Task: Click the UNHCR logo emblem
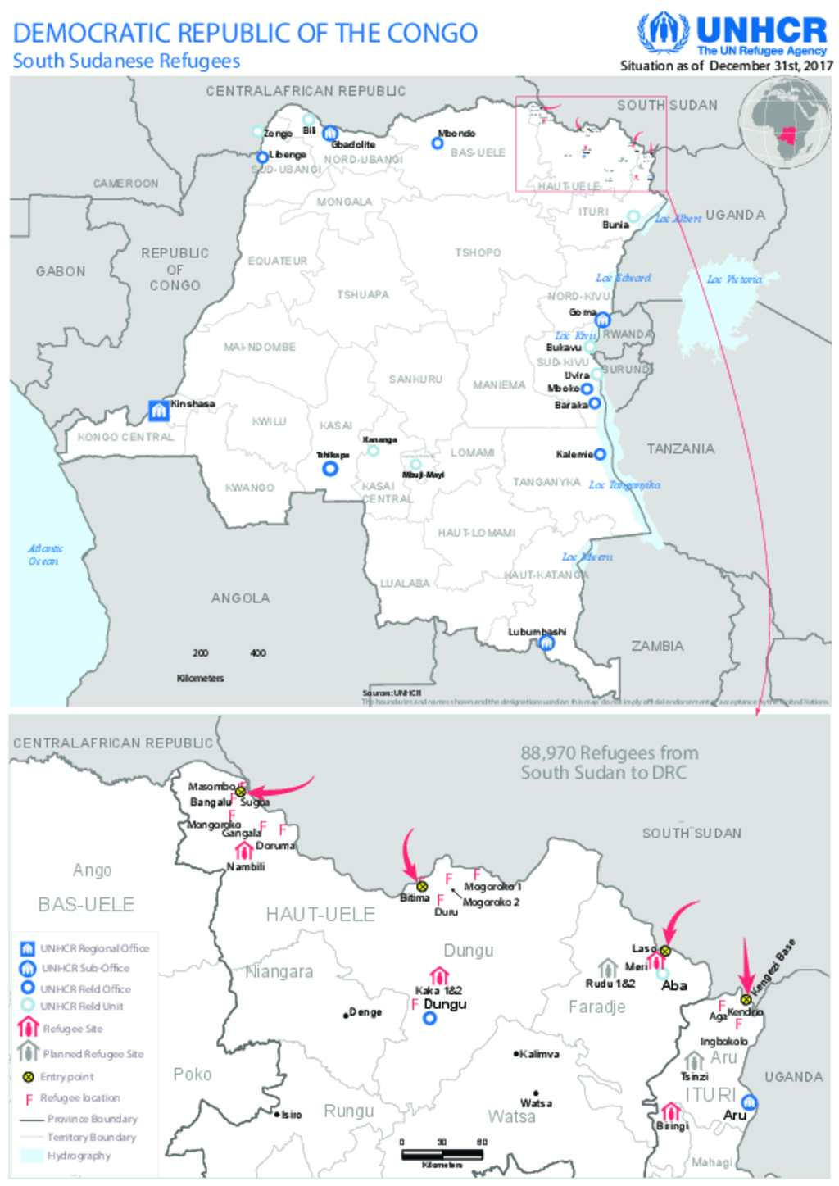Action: [x=663, y=34]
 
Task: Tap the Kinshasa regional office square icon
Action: [x=158, y=410]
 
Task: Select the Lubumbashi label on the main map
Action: [x=537, y=632]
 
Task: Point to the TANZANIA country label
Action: [x=680, y=448]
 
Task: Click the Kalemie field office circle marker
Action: [x=600, y=454]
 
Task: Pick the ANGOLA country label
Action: [x=240, y=598]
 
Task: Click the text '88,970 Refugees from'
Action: [x=609, y=752]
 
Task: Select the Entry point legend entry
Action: [x=66, y=1076]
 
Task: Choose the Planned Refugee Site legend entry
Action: [x=93, y=1053]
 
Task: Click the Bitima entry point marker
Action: [x=422, y=886]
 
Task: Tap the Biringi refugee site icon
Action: [x=671, y=1111]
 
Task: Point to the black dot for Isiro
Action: [x=278, y=1113]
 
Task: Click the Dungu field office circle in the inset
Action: [x=429, y=1019]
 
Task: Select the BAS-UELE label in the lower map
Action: [x=86, y=904]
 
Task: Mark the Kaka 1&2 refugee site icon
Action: [x=439, y=975]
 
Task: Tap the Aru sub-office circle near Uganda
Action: [x=748, y=1103]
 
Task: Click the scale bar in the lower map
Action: [x=442, y=1154]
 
